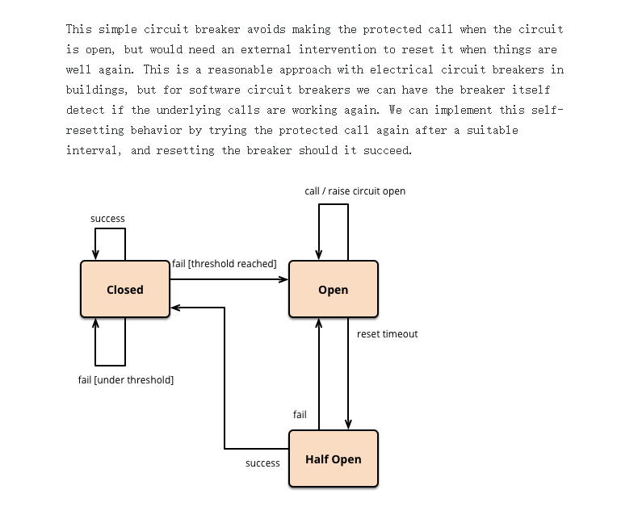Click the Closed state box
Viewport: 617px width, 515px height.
[x=125, y=289]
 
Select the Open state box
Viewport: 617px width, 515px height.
[x=334, y=289]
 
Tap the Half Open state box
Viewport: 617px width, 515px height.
[x=334, y=458]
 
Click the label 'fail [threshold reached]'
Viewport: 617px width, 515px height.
[x=225, y=264]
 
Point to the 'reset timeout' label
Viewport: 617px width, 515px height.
[x=387, y=334]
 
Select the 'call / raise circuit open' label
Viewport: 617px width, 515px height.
[x=355, y=191]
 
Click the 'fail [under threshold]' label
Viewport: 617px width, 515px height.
[x=126, y=380]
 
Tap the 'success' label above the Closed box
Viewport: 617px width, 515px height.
[x=107, y=219]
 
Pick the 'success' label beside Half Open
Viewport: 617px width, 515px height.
[x=262, y=463]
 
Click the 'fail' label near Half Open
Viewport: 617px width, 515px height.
[x=300, y=414]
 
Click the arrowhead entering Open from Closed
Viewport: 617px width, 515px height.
[x=283, y=279]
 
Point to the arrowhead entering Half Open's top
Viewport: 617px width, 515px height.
[x=348, y=425]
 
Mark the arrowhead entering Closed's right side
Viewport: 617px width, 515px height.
[x=175, y=308]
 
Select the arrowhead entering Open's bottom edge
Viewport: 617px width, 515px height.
[x=319, y=323]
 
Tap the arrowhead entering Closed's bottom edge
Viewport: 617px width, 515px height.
[x=95, y=323]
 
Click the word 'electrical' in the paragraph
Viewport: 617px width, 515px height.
[x=401, y=69]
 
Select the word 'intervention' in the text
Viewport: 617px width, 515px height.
[x=338, y=49]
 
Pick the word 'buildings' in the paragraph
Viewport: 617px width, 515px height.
[x=95, y=90]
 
